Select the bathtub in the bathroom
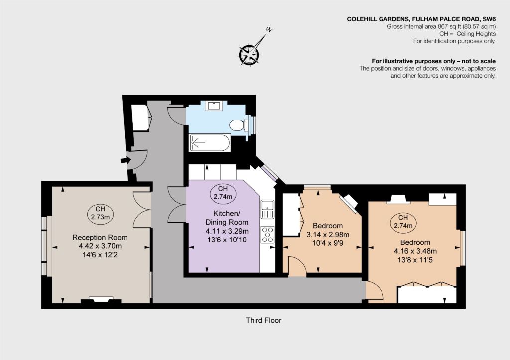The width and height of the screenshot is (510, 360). coord(210,143)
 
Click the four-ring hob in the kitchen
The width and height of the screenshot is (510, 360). coord(267,235)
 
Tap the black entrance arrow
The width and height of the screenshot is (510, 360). coord(125,160)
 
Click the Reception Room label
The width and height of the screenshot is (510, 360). coord(100,237)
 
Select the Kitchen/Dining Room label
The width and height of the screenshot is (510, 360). coord(227,218)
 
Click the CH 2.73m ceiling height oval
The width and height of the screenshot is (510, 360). coord(100,213)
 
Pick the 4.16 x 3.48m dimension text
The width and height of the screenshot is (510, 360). coord(415,251)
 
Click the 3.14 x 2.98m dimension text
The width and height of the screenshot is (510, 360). coord(328,234)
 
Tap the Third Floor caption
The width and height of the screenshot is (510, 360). coord(263,320)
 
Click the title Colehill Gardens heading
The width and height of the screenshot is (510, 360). coord(421,19)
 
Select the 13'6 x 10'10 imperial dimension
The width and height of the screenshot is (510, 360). coord(227,240)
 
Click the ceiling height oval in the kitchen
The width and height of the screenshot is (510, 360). coord(223,193)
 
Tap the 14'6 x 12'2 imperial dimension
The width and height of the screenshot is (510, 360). coord(100,255)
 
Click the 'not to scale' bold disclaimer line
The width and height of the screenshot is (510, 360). coord(434,61)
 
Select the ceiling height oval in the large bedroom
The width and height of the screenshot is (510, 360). coord(403,222)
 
